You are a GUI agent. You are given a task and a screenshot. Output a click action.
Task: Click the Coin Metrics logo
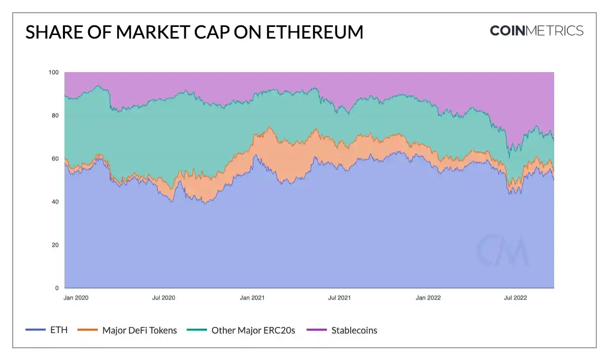[536, 30]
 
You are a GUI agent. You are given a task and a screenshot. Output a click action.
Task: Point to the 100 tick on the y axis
[54, 73]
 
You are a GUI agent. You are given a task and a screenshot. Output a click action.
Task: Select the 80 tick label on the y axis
[55, 116]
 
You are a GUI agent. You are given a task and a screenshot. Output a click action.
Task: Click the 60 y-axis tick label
[55, 159]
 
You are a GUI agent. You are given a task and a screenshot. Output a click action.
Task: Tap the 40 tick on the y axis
[55, 202]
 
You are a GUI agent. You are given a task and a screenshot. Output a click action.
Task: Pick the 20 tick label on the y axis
[55, 245]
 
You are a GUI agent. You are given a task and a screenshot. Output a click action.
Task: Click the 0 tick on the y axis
[57, 288]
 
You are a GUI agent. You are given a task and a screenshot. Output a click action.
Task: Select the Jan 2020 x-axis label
[76, 298]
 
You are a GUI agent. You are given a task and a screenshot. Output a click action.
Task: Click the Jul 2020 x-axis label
[163, 298]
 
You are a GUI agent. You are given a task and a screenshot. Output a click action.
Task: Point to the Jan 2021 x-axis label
[252, 298]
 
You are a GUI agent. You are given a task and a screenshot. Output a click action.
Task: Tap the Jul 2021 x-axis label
[339, 298]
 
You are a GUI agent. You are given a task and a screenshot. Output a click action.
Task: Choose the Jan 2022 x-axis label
[428, 298]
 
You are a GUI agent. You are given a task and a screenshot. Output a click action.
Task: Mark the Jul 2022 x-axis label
[516, 298]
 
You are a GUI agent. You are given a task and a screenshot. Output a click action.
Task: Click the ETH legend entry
[47, 330]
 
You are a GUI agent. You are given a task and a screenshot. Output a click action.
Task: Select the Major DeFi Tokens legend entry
[127, 330]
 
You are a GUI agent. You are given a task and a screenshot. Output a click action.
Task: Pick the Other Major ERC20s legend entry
[241, 330]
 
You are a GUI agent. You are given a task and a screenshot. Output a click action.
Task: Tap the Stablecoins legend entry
[343, 330]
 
